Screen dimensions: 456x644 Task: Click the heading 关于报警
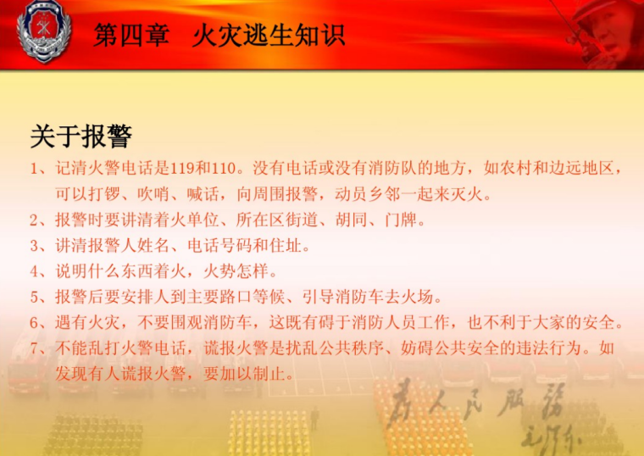point(80,136)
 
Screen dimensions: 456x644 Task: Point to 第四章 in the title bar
point(131,36)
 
